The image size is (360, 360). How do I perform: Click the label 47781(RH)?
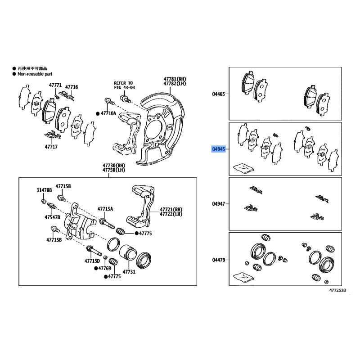click(175, 79)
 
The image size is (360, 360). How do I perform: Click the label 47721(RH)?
click(171, 209)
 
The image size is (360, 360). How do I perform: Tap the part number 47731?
click(129, 272)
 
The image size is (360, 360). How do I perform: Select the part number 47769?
click(104, 268)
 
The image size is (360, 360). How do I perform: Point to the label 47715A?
click(106, 209)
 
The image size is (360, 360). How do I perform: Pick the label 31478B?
click(45, 190)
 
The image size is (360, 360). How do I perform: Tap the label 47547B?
click(52, 217)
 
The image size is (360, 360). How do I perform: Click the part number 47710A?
click(108, 113)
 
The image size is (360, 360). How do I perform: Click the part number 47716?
click(72, 87)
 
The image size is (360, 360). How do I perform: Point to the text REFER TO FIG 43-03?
click(123, 85)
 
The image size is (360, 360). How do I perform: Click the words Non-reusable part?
click(36, 73)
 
